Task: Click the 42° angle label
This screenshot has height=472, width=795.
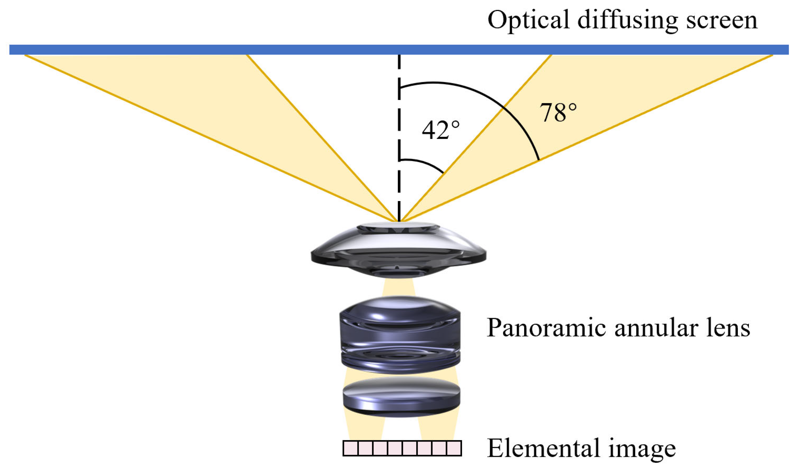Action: pyautogui.click(x=440, y=130)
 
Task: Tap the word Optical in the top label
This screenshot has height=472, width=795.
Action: pyautogui.click(x=528, y=20)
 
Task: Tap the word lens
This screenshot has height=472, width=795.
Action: pyautogui.click(x=728, y=328)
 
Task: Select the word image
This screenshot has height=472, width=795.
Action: pyautogui.click(x=642, y=450)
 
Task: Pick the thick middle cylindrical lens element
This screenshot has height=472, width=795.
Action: pyautogui.click(x=400, y=335)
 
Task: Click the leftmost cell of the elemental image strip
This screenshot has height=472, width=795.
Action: pyautogui.click(x=351, y=448)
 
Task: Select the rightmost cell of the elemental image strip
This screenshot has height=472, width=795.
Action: pyautogui.click(x=454, y=448)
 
